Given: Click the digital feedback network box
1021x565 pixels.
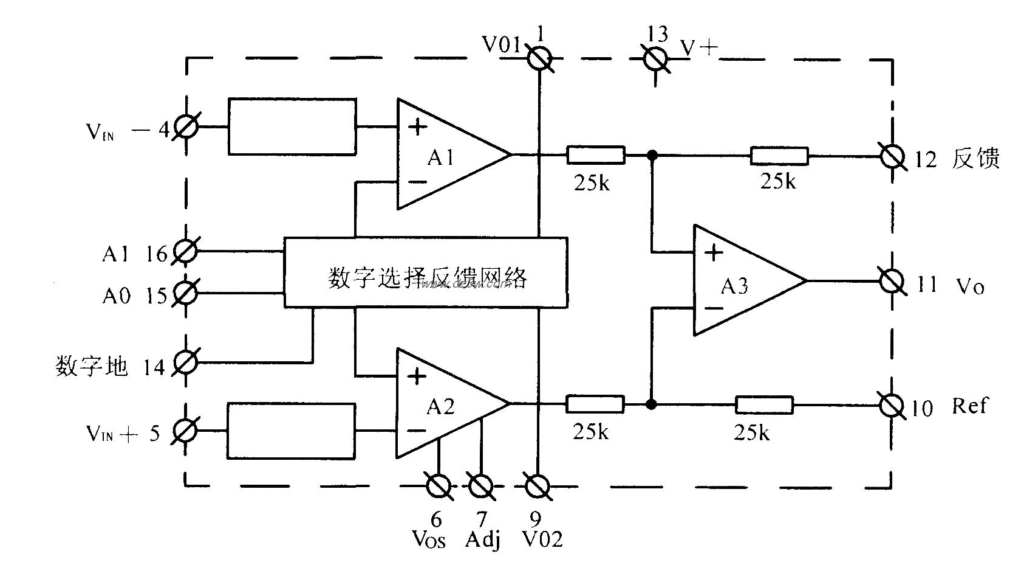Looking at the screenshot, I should click(x=426, y=272).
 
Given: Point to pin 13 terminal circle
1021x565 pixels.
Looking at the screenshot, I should click(x=656, y=59).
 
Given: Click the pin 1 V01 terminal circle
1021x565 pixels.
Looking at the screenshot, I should click(x=538, y=59).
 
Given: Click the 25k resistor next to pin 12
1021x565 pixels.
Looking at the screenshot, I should click(x=779, y=156).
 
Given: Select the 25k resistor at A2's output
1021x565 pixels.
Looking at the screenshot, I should click(x=595, y=404).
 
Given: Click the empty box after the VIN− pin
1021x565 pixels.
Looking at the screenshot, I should click(x=292, y=127).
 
